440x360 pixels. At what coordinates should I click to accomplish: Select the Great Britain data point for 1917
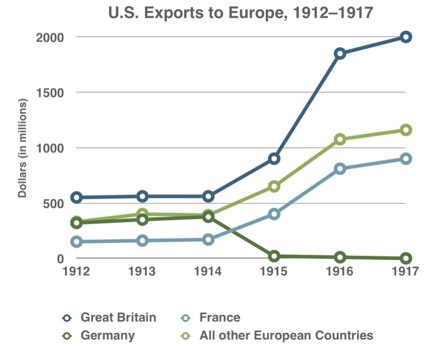[406, 37]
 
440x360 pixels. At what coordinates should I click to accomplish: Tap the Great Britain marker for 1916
[340, 54]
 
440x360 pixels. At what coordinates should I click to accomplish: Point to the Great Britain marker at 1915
[274, 158]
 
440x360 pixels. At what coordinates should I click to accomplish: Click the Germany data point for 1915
[274, 256]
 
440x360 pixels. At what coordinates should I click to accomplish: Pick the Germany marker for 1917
[406, 258]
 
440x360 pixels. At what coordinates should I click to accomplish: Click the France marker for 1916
[340, 169]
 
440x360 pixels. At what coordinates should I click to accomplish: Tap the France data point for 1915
[274, 214]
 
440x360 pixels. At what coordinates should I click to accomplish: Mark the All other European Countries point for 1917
[406, 130]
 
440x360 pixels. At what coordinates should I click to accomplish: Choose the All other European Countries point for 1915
[274, 186]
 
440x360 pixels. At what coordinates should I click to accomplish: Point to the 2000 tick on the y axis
[49, 37]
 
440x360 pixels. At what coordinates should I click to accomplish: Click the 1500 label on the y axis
[49, 92]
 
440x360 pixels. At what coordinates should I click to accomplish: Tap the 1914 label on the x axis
[208, 271]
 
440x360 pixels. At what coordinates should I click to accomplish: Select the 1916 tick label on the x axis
[340, 271]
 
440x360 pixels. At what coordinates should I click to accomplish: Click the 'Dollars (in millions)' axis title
[22, 148]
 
